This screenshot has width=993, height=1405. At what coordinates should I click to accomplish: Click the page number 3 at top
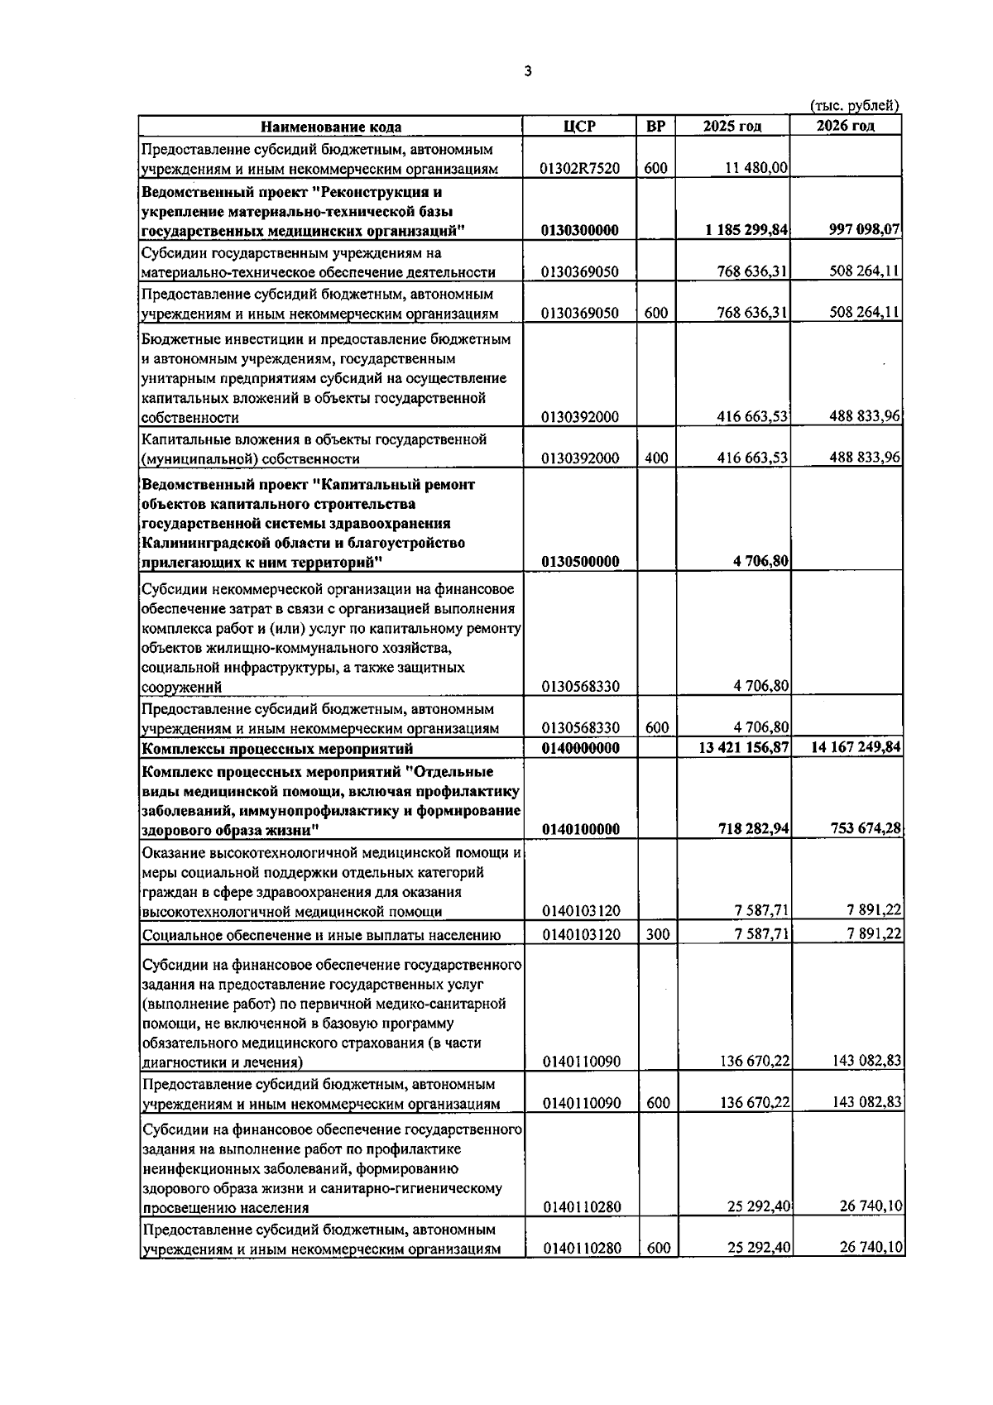click(x=528, y=71)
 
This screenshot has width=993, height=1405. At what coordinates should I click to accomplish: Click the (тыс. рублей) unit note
click(x=854, y=105)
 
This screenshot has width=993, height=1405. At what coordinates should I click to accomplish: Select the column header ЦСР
click(x=579, y=127)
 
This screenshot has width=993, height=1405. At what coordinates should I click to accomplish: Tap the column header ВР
click(x=655, y=127)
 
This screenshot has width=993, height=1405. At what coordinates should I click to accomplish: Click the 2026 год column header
click(x=845, y=127)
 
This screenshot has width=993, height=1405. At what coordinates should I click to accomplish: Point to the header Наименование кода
click(x=331, y=127)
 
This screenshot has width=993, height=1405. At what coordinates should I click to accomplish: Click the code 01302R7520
click(x=579, y=168)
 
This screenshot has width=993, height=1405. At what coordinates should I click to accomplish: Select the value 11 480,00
click(x=756, y=168)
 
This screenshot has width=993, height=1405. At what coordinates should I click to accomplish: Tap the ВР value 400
click(x=655, y=458)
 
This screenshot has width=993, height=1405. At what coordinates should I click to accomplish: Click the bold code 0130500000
click(x=579, y=562)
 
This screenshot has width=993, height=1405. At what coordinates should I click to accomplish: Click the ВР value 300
click(x=655, y=935)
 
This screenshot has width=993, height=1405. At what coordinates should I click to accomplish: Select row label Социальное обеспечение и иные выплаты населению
click(x=321, y=936)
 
